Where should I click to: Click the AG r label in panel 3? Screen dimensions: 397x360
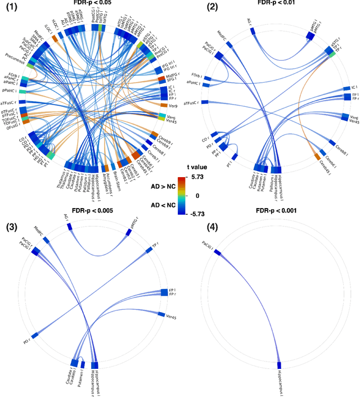pyautogui.click(x=66, y=216)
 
